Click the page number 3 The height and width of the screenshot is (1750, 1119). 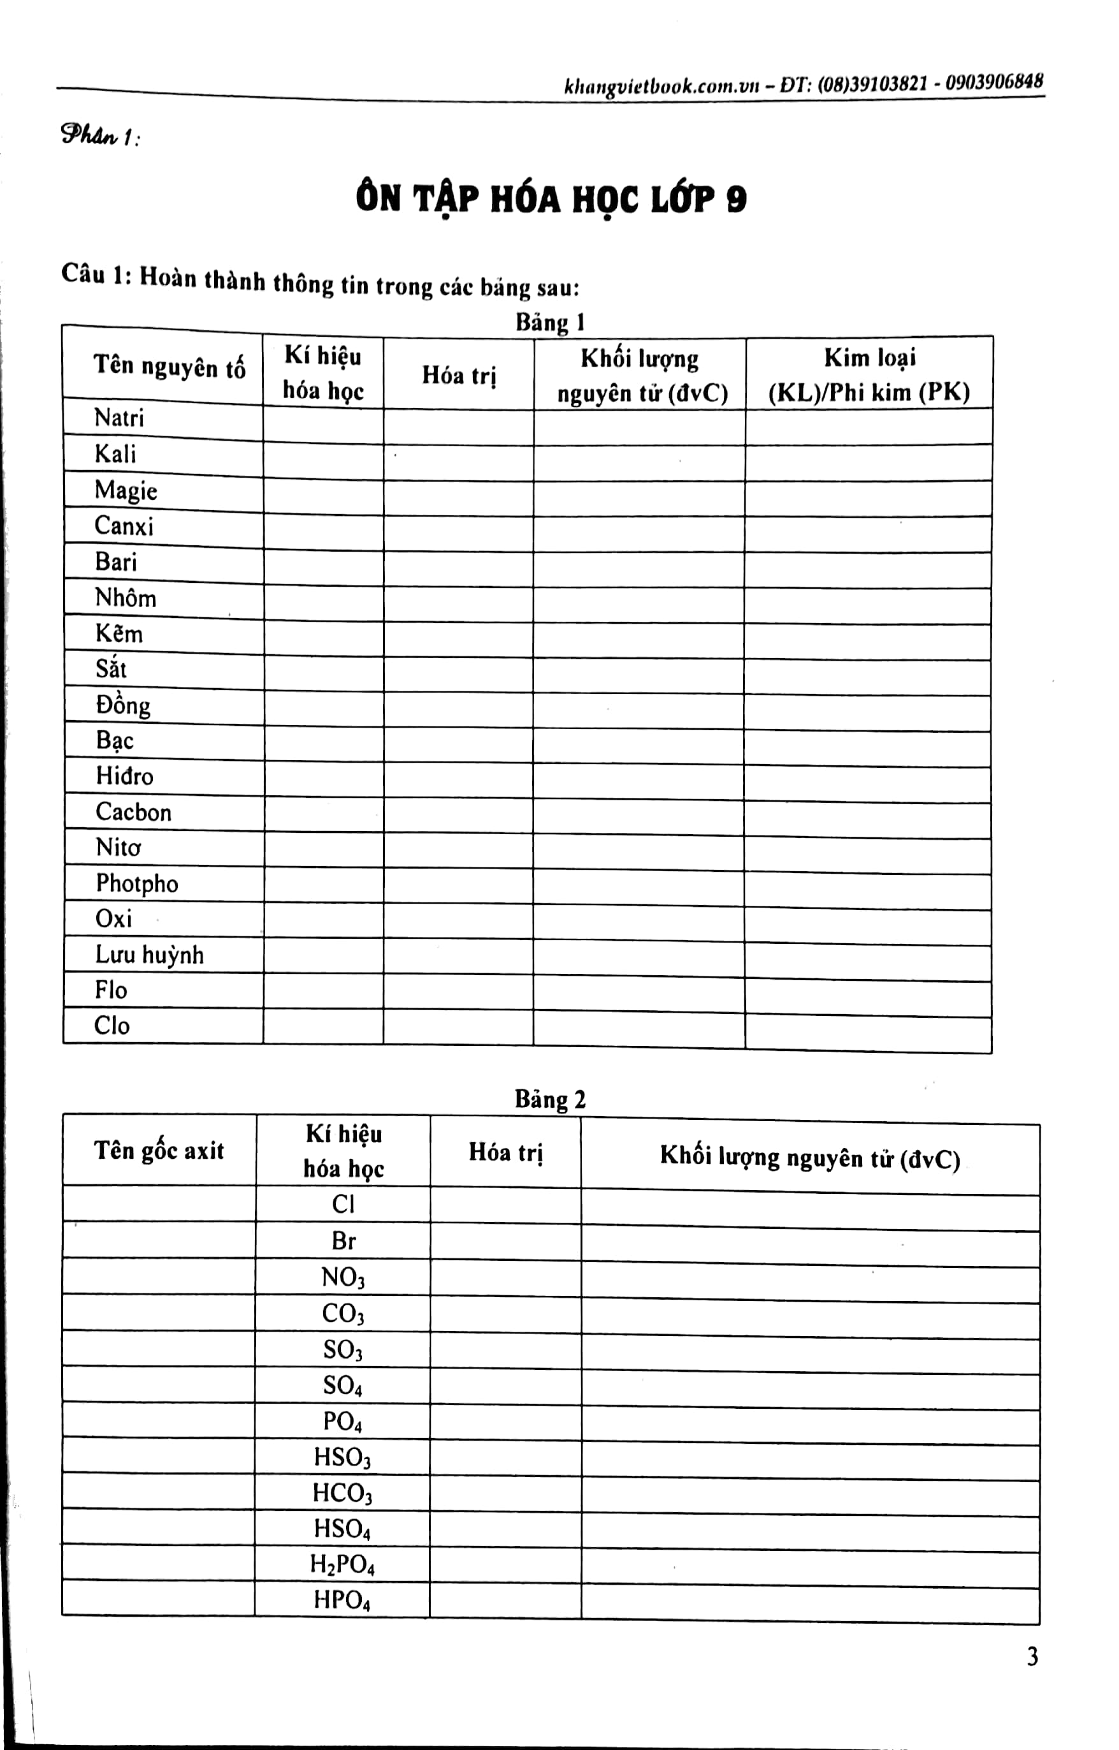(1032, 1656)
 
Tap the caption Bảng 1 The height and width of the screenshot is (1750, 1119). (550, 322)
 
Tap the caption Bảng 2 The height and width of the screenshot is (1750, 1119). (550, 1099)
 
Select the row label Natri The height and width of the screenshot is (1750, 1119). (119, 418)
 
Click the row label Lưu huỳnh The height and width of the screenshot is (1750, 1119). (149, 955)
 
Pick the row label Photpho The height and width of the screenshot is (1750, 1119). (136, 883)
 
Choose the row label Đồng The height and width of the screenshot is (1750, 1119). (123, 705)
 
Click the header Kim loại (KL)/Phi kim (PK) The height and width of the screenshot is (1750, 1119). (869, 375)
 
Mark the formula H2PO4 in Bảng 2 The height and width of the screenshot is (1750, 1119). (342, 1564)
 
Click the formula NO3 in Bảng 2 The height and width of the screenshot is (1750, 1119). (343, 1278)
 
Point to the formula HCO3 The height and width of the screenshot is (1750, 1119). (342, 1494)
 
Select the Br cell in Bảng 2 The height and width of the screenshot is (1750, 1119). (343, 1241)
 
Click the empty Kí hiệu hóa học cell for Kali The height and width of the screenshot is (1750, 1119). (322, 461)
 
